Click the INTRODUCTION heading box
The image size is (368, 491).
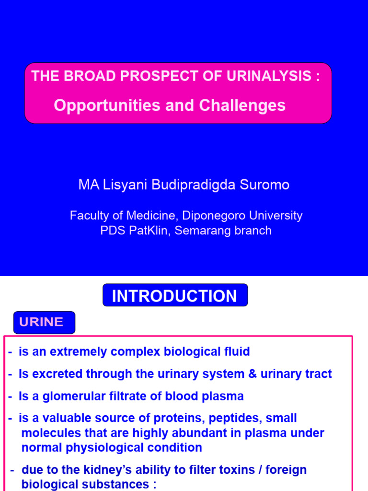(x=175, y=296)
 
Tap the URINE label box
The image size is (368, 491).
(x=45, y=322)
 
